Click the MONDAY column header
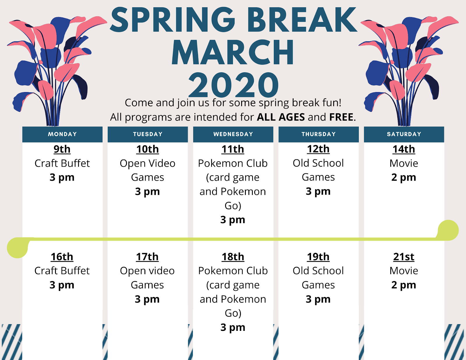[x=62, y=134]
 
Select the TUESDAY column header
[x=148, y=134]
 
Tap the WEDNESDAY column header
[x=233, y=134]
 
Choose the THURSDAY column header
[x=318, y=134]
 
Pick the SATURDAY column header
[x=404, y=134]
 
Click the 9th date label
[x=62, y=149]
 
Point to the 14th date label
[x=404, y=149]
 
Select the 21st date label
[x=404, y=257]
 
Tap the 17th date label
[x=147, y=257]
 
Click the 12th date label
[x=318, y=149]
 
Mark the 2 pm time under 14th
[x=404, y=178]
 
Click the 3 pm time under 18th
[x=233, y=328]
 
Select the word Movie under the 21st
[x=404, y=271]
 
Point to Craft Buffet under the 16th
[x=62, y=271]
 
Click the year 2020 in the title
[x=233, y=85]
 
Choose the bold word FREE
[x=341, y=117]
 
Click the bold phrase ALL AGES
[x=281, y=117]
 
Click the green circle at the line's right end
[x=448, y=230]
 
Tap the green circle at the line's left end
[x=17, y=248]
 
